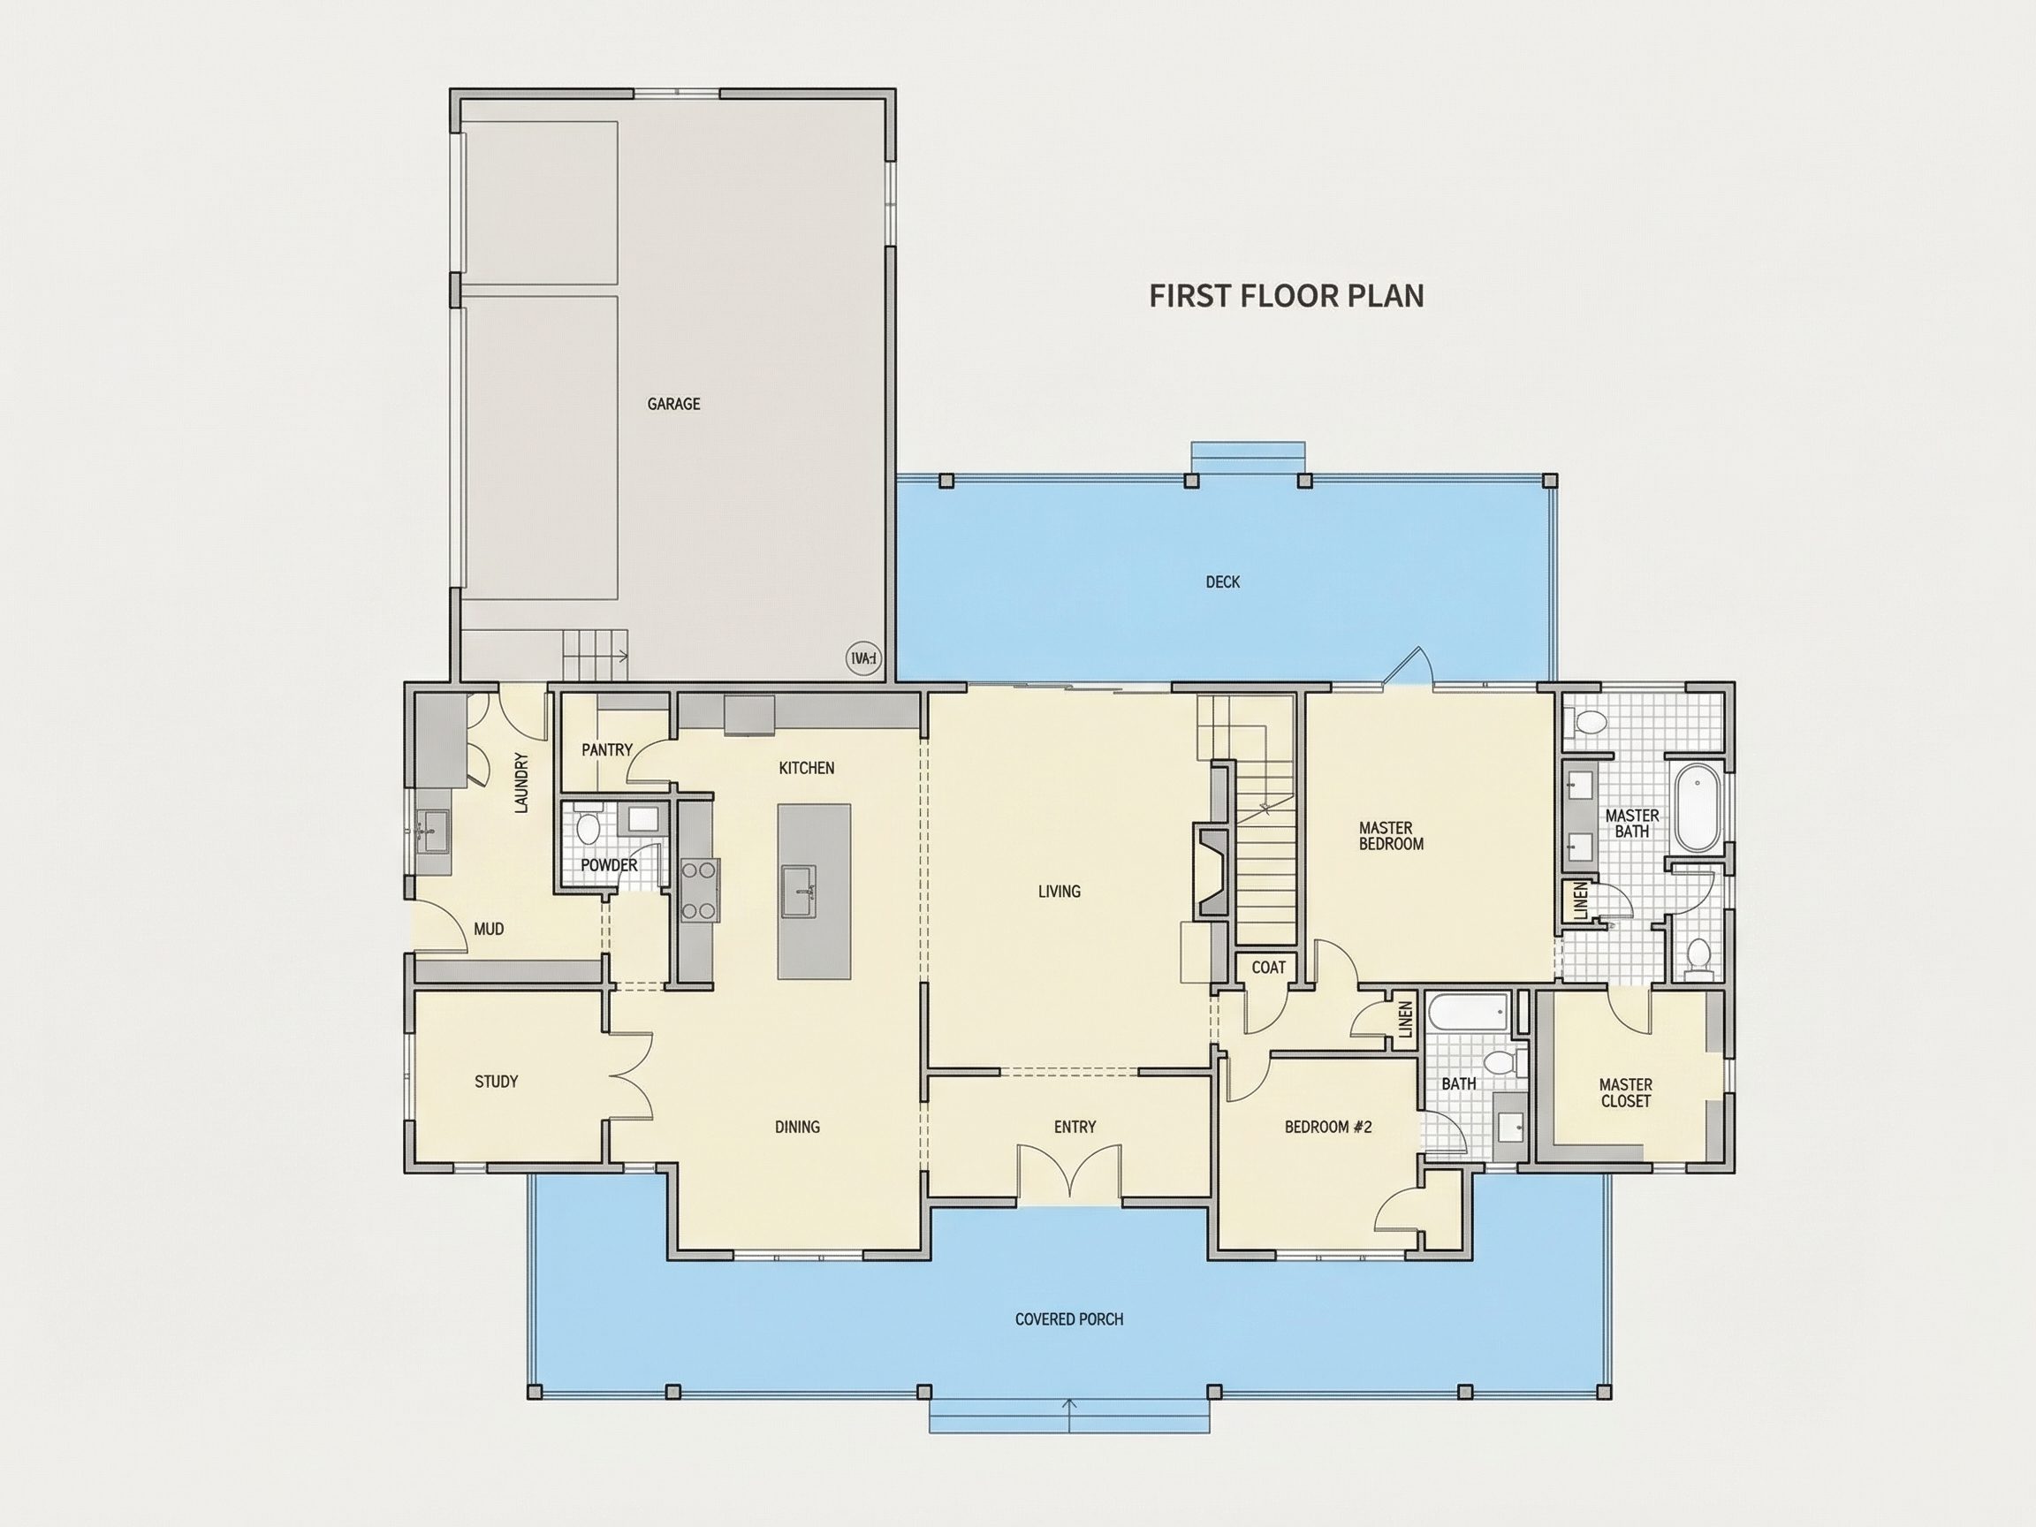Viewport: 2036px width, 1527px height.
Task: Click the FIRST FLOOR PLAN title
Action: [1287, 295]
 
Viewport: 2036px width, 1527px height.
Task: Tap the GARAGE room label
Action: [673, 404]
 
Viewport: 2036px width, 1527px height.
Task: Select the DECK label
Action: [1223, 581]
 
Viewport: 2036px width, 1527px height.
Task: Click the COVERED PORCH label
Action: [1069, 1319]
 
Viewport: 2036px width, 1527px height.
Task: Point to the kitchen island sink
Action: [798, 891]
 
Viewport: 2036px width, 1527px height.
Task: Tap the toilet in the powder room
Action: [588, 824]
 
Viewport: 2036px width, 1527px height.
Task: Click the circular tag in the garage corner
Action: [863, 658]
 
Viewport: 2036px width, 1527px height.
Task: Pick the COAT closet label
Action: [1268, 968]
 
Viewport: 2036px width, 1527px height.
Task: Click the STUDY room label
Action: [496, 1082]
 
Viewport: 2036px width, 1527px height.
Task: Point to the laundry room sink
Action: [432, 832]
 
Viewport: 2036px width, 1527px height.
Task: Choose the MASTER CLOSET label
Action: [1625, 1092]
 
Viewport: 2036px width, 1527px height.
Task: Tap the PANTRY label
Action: [607, 750]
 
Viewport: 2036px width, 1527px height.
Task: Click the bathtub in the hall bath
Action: [1468, 1013]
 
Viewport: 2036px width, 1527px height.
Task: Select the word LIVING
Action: [1060, 891]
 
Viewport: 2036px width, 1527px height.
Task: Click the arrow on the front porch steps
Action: [1069, 1415]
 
